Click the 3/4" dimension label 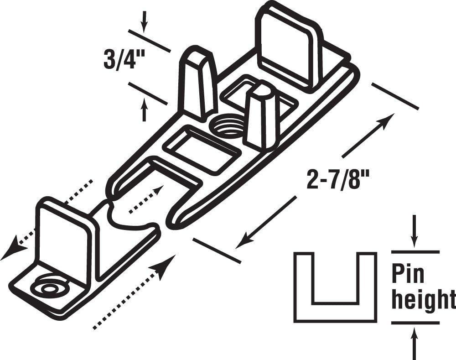(124, 59)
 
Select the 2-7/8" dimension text (338, 180)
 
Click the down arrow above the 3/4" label (144, 21)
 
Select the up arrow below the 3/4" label (144, 110)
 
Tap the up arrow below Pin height (415, 343)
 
